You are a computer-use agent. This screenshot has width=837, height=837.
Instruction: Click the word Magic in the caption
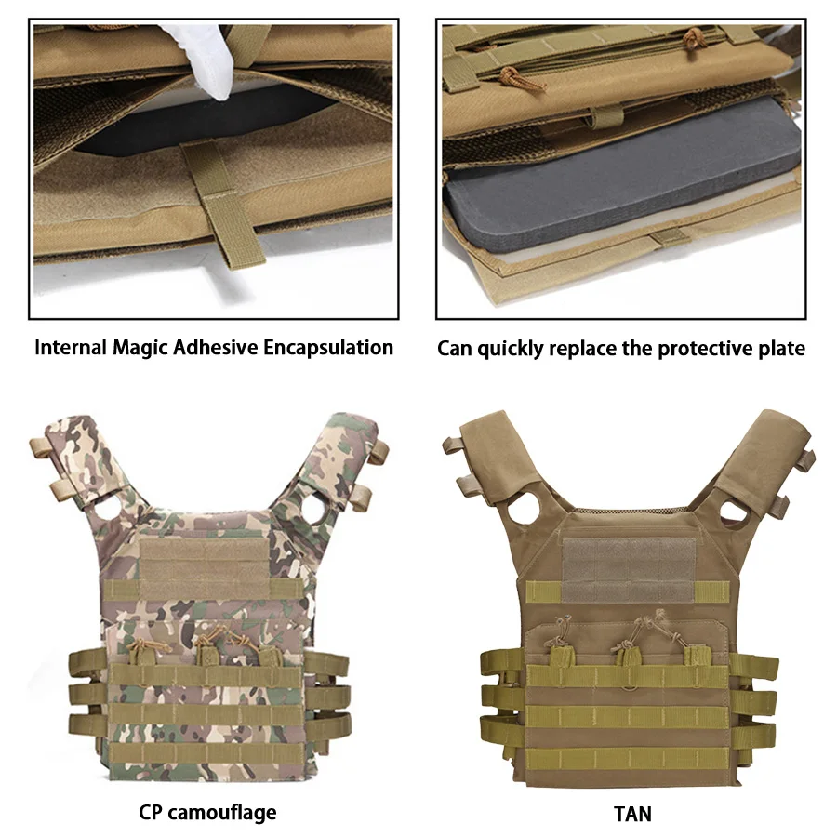pos(139,348)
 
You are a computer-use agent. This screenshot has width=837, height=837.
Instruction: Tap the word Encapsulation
pos(327,348)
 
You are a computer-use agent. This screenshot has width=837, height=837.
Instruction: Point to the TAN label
pos(632,814)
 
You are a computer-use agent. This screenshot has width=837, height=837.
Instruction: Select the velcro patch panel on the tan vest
pos(629,569)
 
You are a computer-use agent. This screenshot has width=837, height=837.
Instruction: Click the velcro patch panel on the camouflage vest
pos(206,568)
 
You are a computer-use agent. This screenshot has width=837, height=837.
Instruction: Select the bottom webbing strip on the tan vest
pos(627,758)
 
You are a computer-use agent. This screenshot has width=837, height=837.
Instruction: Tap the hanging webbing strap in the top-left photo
pos(229,206)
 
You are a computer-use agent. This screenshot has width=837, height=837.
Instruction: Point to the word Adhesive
pos(216,348)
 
